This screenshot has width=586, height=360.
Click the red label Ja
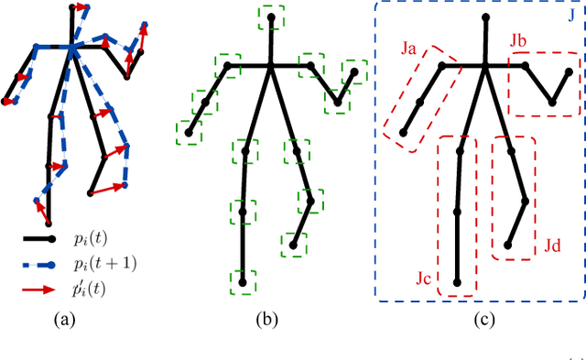click(x=409, y=52)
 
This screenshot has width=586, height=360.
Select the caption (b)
click(x=271, y=320)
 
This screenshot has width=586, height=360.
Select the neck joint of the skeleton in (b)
click(x=271, y=64)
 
